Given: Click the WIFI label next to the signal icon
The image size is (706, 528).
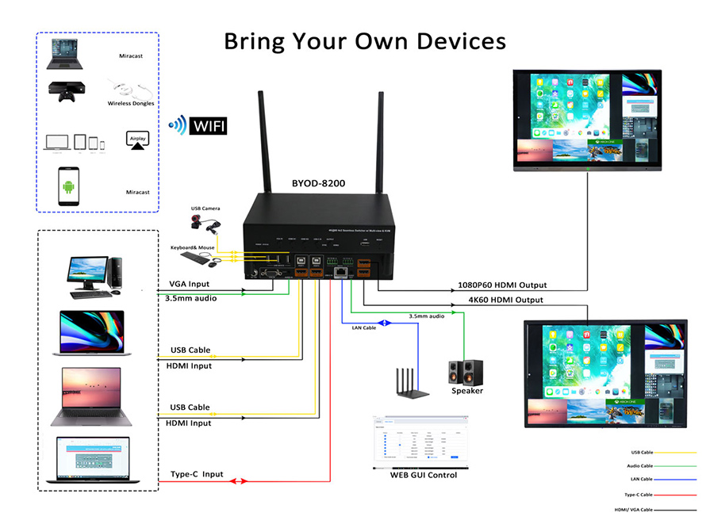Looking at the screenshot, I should [x=208, y=125].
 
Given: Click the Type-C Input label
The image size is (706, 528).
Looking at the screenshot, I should [x=197, y=474].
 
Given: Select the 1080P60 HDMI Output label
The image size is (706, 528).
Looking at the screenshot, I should [x=501, y=285].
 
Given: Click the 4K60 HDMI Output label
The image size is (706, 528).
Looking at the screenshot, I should [x=504, y=300].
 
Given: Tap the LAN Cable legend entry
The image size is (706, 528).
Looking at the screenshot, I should [x=641, y=479].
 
